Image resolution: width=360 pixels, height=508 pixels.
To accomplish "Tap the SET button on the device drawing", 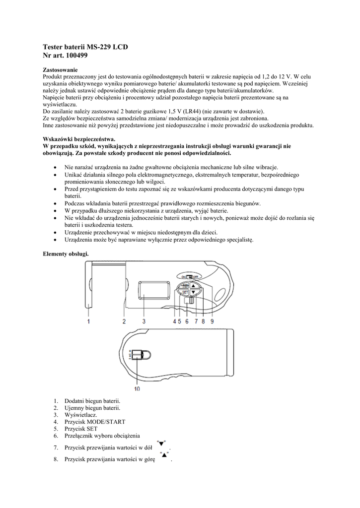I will [x=185, y=293].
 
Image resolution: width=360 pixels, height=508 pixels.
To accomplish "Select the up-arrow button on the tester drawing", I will [x=194, y=285].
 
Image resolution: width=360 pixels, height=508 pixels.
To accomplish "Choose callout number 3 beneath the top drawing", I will [x=144, y=321].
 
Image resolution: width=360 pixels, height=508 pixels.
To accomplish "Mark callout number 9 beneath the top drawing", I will [x=212, y=321].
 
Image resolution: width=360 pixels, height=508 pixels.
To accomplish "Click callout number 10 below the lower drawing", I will [x=137, y=388].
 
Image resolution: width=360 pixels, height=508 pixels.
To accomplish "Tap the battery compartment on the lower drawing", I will [x=142, y=355].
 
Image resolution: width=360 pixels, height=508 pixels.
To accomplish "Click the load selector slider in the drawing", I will [x=191, y=300].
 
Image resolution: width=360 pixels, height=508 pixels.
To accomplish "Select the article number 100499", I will [x=77, y=56].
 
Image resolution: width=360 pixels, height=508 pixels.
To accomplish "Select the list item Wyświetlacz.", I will [x=81, y=415].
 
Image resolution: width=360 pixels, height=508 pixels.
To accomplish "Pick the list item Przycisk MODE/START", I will [x=95, y=422].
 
